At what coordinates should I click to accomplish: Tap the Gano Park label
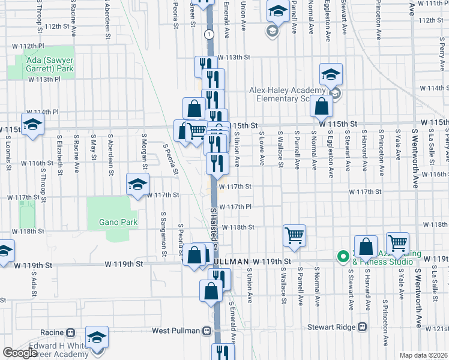(119, 222)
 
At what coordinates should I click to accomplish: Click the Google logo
(20, 353)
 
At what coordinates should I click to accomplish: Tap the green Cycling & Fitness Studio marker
(343, 257)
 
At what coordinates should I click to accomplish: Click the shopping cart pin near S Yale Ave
(397, 242)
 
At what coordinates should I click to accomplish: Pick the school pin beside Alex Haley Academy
(330, 74)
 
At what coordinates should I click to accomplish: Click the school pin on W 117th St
(137, 184)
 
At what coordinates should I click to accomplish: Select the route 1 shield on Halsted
(208, 35)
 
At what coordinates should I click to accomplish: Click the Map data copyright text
(424, 355)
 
